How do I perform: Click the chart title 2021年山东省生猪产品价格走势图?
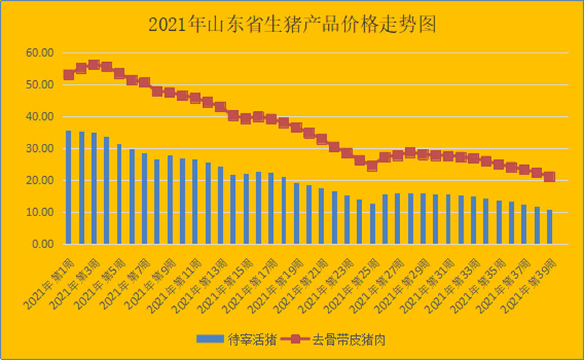coord(292,25)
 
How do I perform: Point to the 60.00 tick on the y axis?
coord(39,53)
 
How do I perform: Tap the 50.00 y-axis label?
coord(39,85)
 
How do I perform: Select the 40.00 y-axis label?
coord(39,117)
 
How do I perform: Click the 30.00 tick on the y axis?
coord(39,148)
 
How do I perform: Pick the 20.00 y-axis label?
coord(39,180)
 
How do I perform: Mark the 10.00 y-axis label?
coord(39,212)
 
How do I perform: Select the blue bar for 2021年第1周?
coord(69,187)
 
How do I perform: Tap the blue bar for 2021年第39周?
coord(550,226)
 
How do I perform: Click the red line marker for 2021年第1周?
coord(69,74)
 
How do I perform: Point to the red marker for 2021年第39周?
coord(550,177)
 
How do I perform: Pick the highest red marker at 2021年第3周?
coord(93,65)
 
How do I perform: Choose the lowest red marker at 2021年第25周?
coord(372,166)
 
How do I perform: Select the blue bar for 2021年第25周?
coord(372,223)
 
